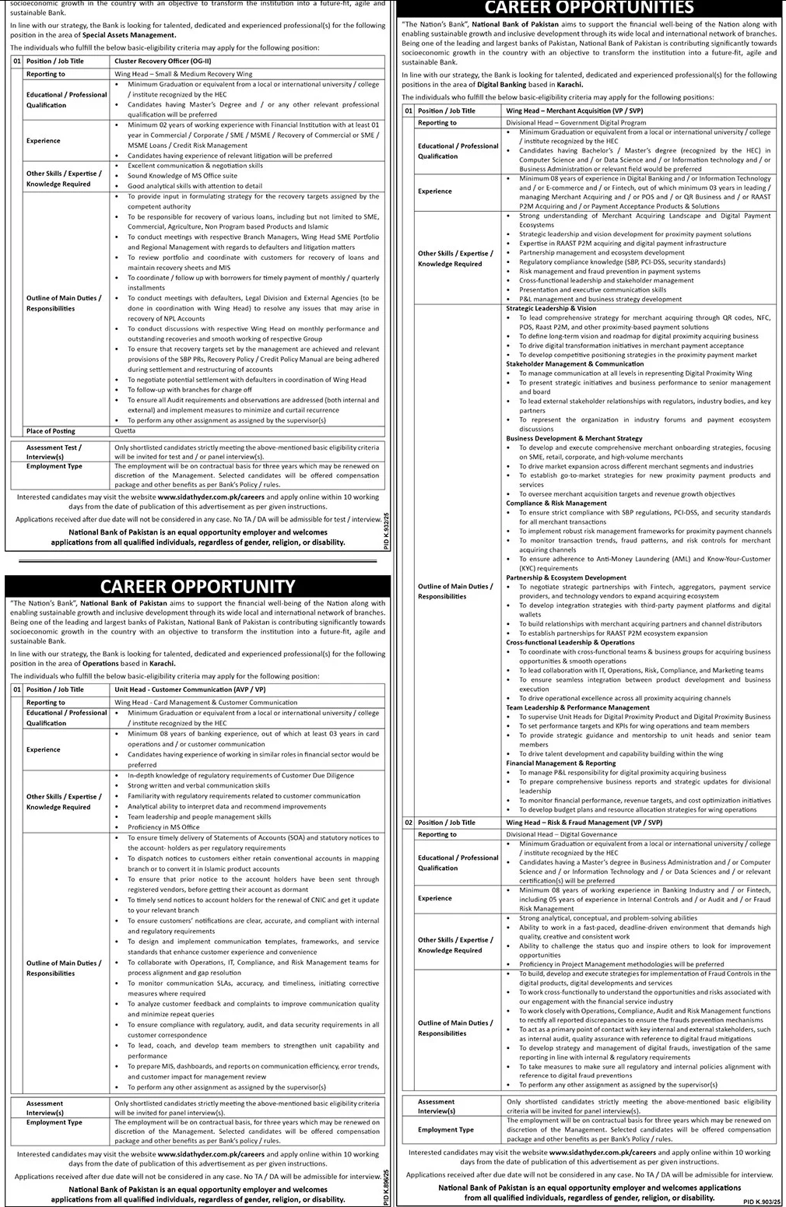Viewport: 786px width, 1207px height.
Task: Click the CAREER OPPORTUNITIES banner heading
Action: (588, 8)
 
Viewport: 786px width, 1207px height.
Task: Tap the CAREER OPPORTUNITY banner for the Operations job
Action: (198, 586)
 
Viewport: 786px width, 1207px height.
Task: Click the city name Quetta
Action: (125, 430)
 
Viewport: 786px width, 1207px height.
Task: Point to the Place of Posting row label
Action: (51, 431)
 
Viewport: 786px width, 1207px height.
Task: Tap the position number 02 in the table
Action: (409, 822)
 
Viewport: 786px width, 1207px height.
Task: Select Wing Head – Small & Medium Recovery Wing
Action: (183, 74)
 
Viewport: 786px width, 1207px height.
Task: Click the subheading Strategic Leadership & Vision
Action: (551, 308)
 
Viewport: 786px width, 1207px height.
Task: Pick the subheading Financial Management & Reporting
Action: (560, 763)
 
